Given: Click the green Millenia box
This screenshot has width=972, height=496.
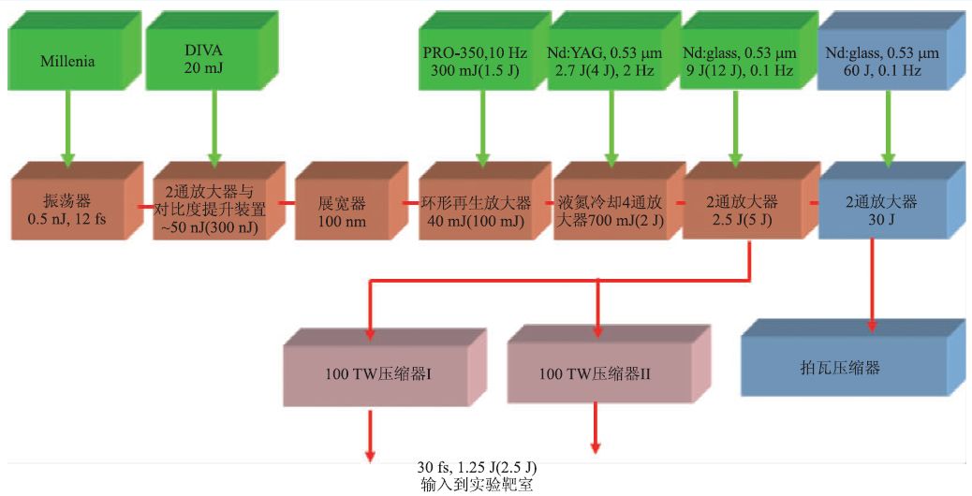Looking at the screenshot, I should [67, 63].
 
